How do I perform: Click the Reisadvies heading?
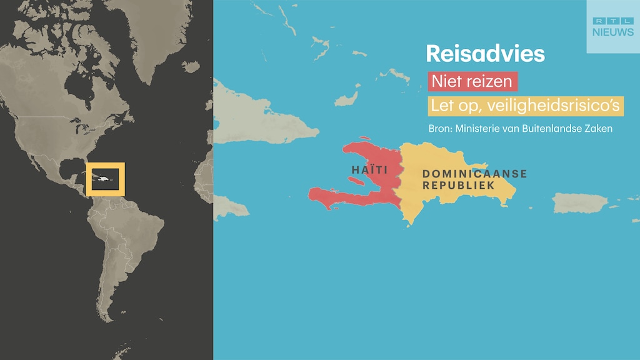[485, 54]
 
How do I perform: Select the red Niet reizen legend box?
[472, 81]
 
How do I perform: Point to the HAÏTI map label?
[369, 170]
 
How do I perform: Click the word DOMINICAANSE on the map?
[474, 174]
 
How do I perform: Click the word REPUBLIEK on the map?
[459, 186]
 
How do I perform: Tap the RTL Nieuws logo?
[612, 26]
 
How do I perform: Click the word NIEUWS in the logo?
[612, 32]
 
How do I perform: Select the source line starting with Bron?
[519, 128]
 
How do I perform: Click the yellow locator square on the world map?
[106, 179]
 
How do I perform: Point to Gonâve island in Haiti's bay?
[357, 181]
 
